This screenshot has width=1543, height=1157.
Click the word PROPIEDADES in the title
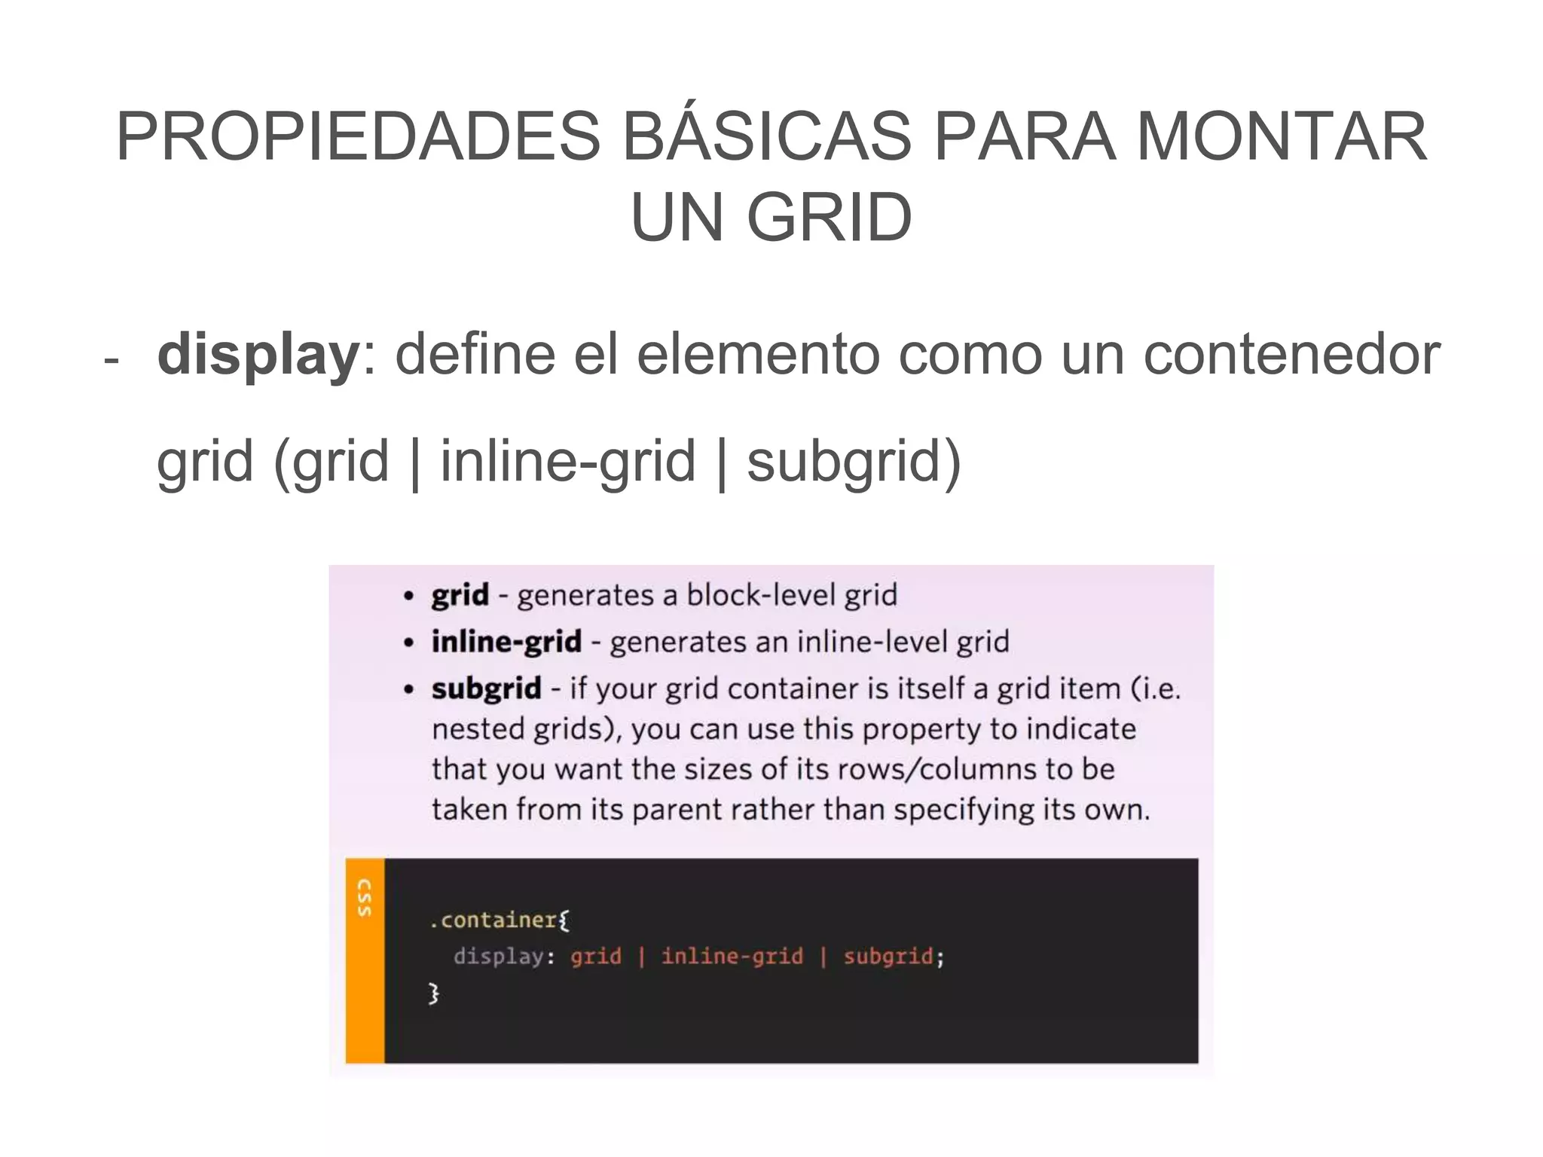coord(359,137)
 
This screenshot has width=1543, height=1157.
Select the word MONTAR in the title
coord(1282,137)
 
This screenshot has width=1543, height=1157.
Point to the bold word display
coord(258,355)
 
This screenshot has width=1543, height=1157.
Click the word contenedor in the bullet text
coord(1291,355)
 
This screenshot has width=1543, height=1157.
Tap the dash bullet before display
coord(112,360)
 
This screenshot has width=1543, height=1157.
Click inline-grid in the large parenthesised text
coord(567,461)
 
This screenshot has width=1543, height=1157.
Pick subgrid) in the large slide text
coord(854,461)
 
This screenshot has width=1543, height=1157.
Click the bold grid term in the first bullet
coord(460,596)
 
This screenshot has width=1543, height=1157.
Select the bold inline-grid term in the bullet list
coord(506,642)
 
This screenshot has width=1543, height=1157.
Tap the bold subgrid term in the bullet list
coord(486,688)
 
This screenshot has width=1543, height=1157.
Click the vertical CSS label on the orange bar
coord(365,898)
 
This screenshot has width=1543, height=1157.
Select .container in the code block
coord(494,920)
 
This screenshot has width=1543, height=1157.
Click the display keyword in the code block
coord(499,957)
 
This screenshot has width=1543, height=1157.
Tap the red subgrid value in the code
coord(888,957)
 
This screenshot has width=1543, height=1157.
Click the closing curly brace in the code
coord(433,993)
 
